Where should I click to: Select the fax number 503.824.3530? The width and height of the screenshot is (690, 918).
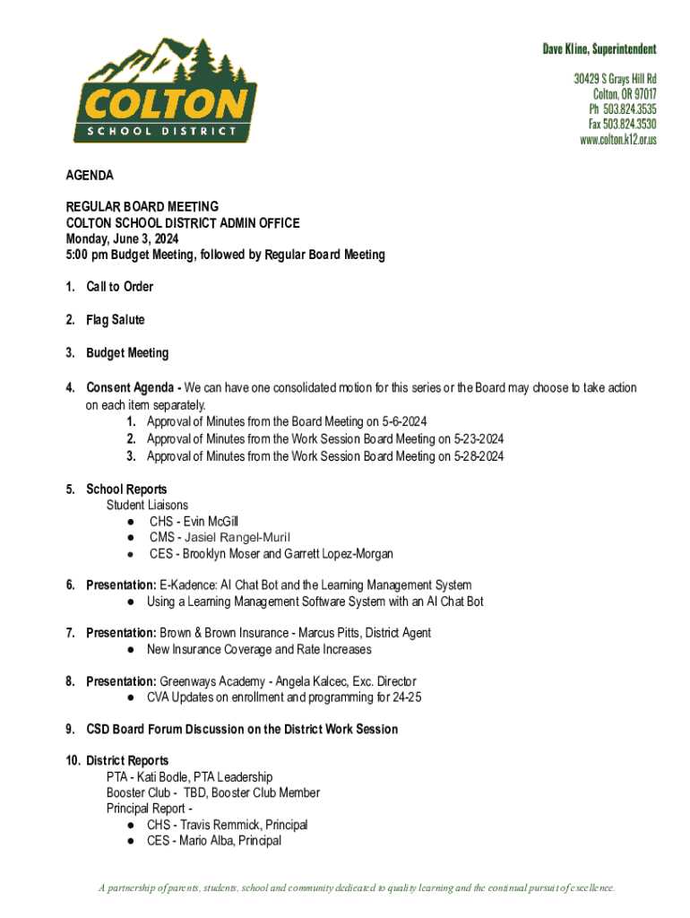pos(629,124)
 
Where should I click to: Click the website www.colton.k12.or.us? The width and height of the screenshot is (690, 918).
pos(618,139)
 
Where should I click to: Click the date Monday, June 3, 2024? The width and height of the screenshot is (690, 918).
pos(122,238)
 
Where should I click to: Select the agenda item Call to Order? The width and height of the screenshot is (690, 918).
pos(119,287)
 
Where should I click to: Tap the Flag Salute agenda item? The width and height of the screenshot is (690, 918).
pos(115,320)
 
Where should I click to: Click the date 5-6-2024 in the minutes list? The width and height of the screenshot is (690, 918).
pos(402,422)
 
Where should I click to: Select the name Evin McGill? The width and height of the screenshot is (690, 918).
pos(211,522)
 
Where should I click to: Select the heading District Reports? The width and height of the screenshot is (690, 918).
pos(127,761)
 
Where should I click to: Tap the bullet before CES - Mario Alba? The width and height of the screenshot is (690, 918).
pos(131,841)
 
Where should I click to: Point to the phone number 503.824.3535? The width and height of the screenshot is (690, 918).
pos(629,108)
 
